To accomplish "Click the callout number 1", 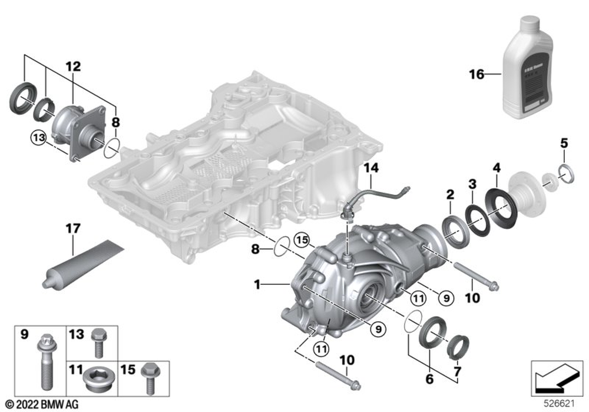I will tap(257, 284).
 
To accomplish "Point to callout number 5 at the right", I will tap(564, 143).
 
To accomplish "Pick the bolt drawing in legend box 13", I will tap(97, 344).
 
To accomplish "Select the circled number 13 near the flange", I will tap(38, 137).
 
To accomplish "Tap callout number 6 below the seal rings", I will tap(429, 379).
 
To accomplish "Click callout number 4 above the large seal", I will tap(497, 168).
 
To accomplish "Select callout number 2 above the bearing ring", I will tap(450, 194).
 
